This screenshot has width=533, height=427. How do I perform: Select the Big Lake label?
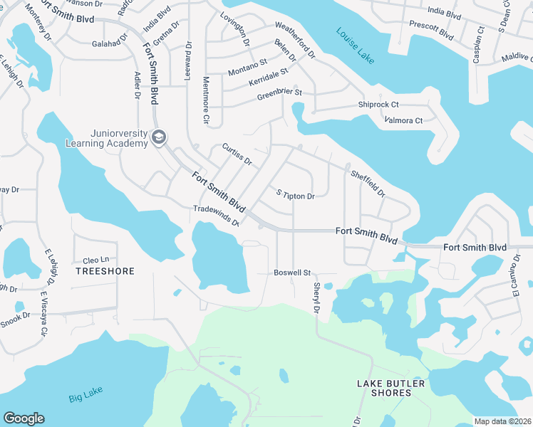click(x=86, y=397)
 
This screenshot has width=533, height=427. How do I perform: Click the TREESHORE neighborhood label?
click(x=104, y=271)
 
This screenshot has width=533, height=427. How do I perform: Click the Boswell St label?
click(x=293, y=273)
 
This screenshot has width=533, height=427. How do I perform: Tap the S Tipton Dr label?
click(x=295, y=195)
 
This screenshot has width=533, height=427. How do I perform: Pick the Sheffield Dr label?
click(x=367, y=183)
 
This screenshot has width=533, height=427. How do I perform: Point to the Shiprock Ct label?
click(x=378, y=105)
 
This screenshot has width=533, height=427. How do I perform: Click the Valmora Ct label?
click(x=403, y=120)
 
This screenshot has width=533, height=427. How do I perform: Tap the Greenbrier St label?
click(x=279, y=93)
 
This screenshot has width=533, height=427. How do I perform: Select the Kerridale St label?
click(x=268, y=77)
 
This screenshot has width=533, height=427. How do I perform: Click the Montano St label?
click(x=247, y=68)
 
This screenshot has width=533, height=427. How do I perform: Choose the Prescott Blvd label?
click(x=431, y=28)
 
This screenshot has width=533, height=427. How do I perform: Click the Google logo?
click(x=24, y=418)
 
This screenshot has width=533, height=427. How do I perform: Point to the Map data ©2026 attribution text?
click(x=502, y=421)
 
